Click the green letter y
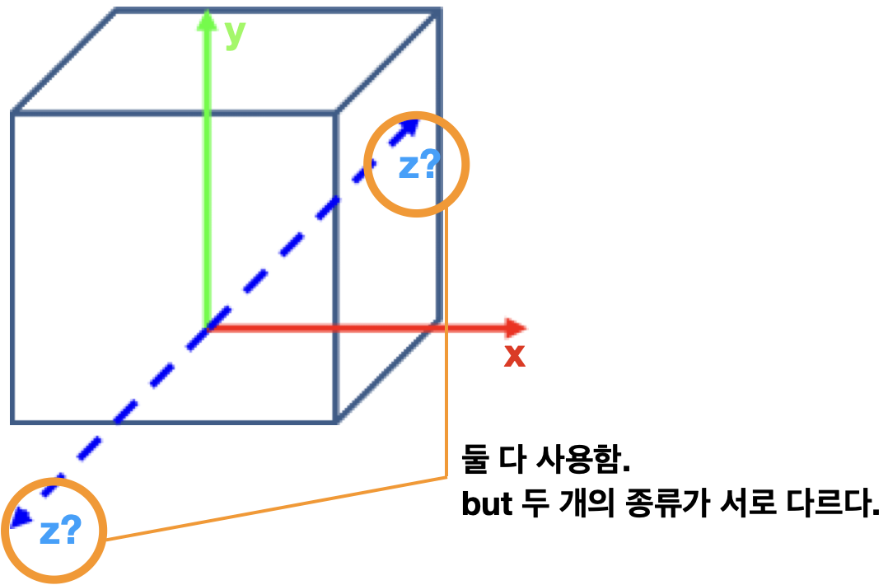coord(235,34)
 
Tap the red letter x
coord(515,356)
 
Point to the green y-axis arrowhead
coord(207,20)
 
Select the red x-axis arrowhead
coord(516,328)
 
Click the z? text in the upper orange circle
coord(419,166)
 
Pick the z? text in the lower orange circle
coord(60,531)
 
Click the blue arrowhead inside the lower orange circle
coord(20,517)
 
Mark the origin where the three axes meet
coord(207,327)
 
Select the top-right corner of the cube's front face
coord(337,111)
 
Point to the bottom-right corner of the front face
coord(337,421)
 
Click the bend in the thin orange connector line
coord(446,477)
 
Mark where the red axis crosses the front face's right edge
coord(337,328)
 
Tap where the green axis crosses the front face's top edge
coord(207,111)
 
